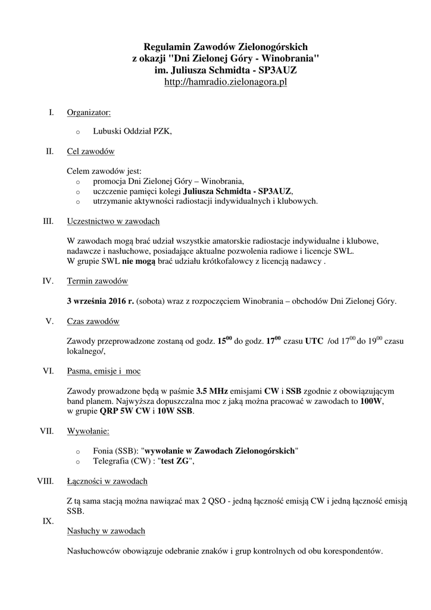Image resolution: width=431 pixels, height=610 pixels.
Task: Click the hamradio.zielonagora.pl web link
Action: pos(225,82)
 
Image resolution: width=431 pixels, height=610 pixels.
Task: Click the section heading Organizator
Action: pos(88,112)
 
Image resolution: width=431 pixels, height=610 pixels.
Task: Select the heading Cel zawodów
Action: pos(90,151)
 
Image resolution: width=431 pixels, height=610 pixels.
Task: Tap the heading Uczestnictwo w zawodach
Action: pos(113,222)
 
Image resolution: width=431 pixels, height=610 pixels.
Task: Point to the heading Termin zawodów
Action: pos(97,281)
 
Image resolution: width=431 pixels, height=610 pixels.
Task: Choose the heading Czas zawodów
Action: pos(93,322)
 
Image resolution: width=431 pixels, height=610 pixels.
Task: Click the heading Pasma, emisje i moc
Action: pos(104,371)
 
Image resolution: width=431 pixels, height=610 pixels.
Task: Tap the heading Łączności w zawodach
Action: pos(107,481)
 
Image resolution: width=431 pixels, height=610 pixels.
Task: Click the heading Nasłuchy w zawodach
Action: pos(106,530)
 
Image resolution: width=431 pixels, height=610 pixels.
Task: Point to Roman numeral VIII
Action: pos(45,481)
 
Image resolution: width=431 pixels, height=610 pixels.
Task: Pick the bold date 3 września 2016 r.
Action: pos(100,301)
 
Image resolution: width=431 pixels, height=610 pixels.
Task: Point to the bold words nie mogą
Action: pos(138,262)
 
